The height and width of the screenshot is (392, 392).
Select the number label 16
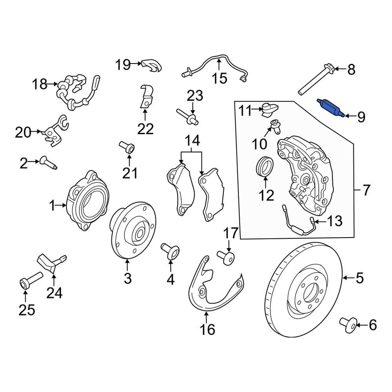click(207, 329)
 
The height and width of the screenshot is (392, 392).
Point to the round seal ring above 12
click(265, 166)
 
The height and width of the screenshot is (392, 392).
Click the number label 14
click(192, 140)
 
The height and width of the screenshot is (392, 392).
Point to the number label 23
click(195, 95)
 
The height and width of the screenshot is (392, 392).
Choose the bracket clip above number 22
click(146, 97)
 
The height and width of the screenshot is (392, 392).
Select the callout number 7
click(365, 191)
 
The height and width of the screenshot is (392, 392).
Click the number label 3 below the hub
click(128, 279)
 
